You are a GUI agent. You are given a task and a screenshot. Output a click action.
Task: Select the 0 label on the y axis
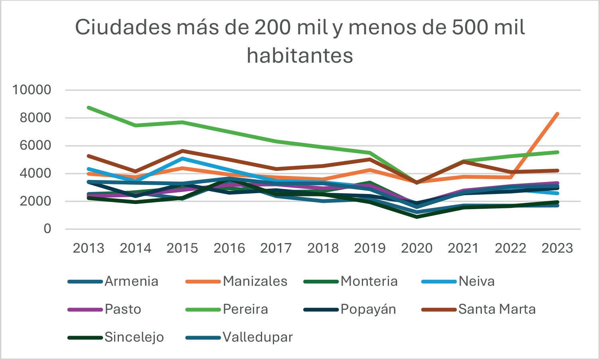point(47,229)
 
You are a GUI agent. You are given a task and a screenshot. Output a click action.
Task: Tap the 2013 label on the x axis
point(88,248)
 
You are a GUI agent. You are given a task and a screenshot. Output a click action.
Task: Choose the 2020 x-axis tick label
point(416,248)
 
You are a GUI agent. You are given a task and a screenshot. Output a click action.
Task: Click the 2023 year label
point(557,248)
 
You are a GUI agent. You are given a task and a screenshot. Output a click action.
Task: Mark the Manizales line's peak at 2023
point(557,114)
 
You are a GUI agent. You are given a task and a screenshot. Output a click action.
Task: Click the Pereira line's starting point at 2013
point(89,108)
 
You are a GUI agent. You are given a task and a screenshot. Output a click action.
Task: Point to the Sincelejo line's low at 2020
point(417,217)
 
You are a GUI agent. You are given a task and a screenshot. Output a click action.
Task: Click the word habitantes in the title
point(300,55)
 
